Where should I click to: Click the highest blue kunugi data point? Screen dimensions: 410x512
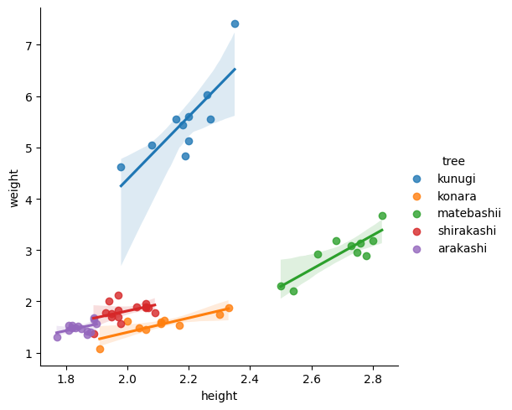235,23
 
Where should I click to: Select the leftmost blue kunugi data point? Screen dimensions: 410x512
121,167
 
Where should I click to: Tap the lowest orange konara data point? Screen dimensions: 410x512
100,349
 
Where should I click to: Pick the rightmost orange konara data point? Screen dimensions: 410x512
229,308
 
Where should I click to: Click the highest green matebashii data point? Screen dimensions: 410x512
382,215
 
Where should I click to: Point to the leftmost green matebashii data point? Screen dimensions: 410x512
281,286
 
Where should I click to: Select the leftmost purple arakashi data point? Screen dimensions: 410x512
57,337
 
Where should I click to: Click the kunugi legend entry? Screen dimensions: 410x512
455,179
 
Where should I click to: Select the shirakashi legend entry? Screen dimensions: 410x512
467,231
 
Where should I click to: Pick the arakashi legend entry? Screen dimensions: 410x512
462,248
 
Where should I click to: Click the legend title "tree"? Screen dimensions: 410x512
453,161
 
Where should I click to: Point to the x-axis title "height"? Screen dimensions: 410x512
220,396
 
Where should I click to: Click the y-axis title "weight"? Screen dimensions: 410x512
13,188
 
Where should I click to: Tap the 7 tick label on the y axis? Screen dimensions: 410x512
28,45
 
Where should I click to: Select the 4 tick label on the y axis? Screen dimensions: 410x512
28,200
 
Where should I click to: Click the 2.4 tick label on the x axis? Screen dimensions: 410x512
251,377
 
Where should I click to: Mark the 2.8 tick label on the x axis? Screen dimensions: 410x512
374,377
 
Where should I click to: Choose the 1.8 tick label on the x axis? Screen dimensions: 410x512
66,377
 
